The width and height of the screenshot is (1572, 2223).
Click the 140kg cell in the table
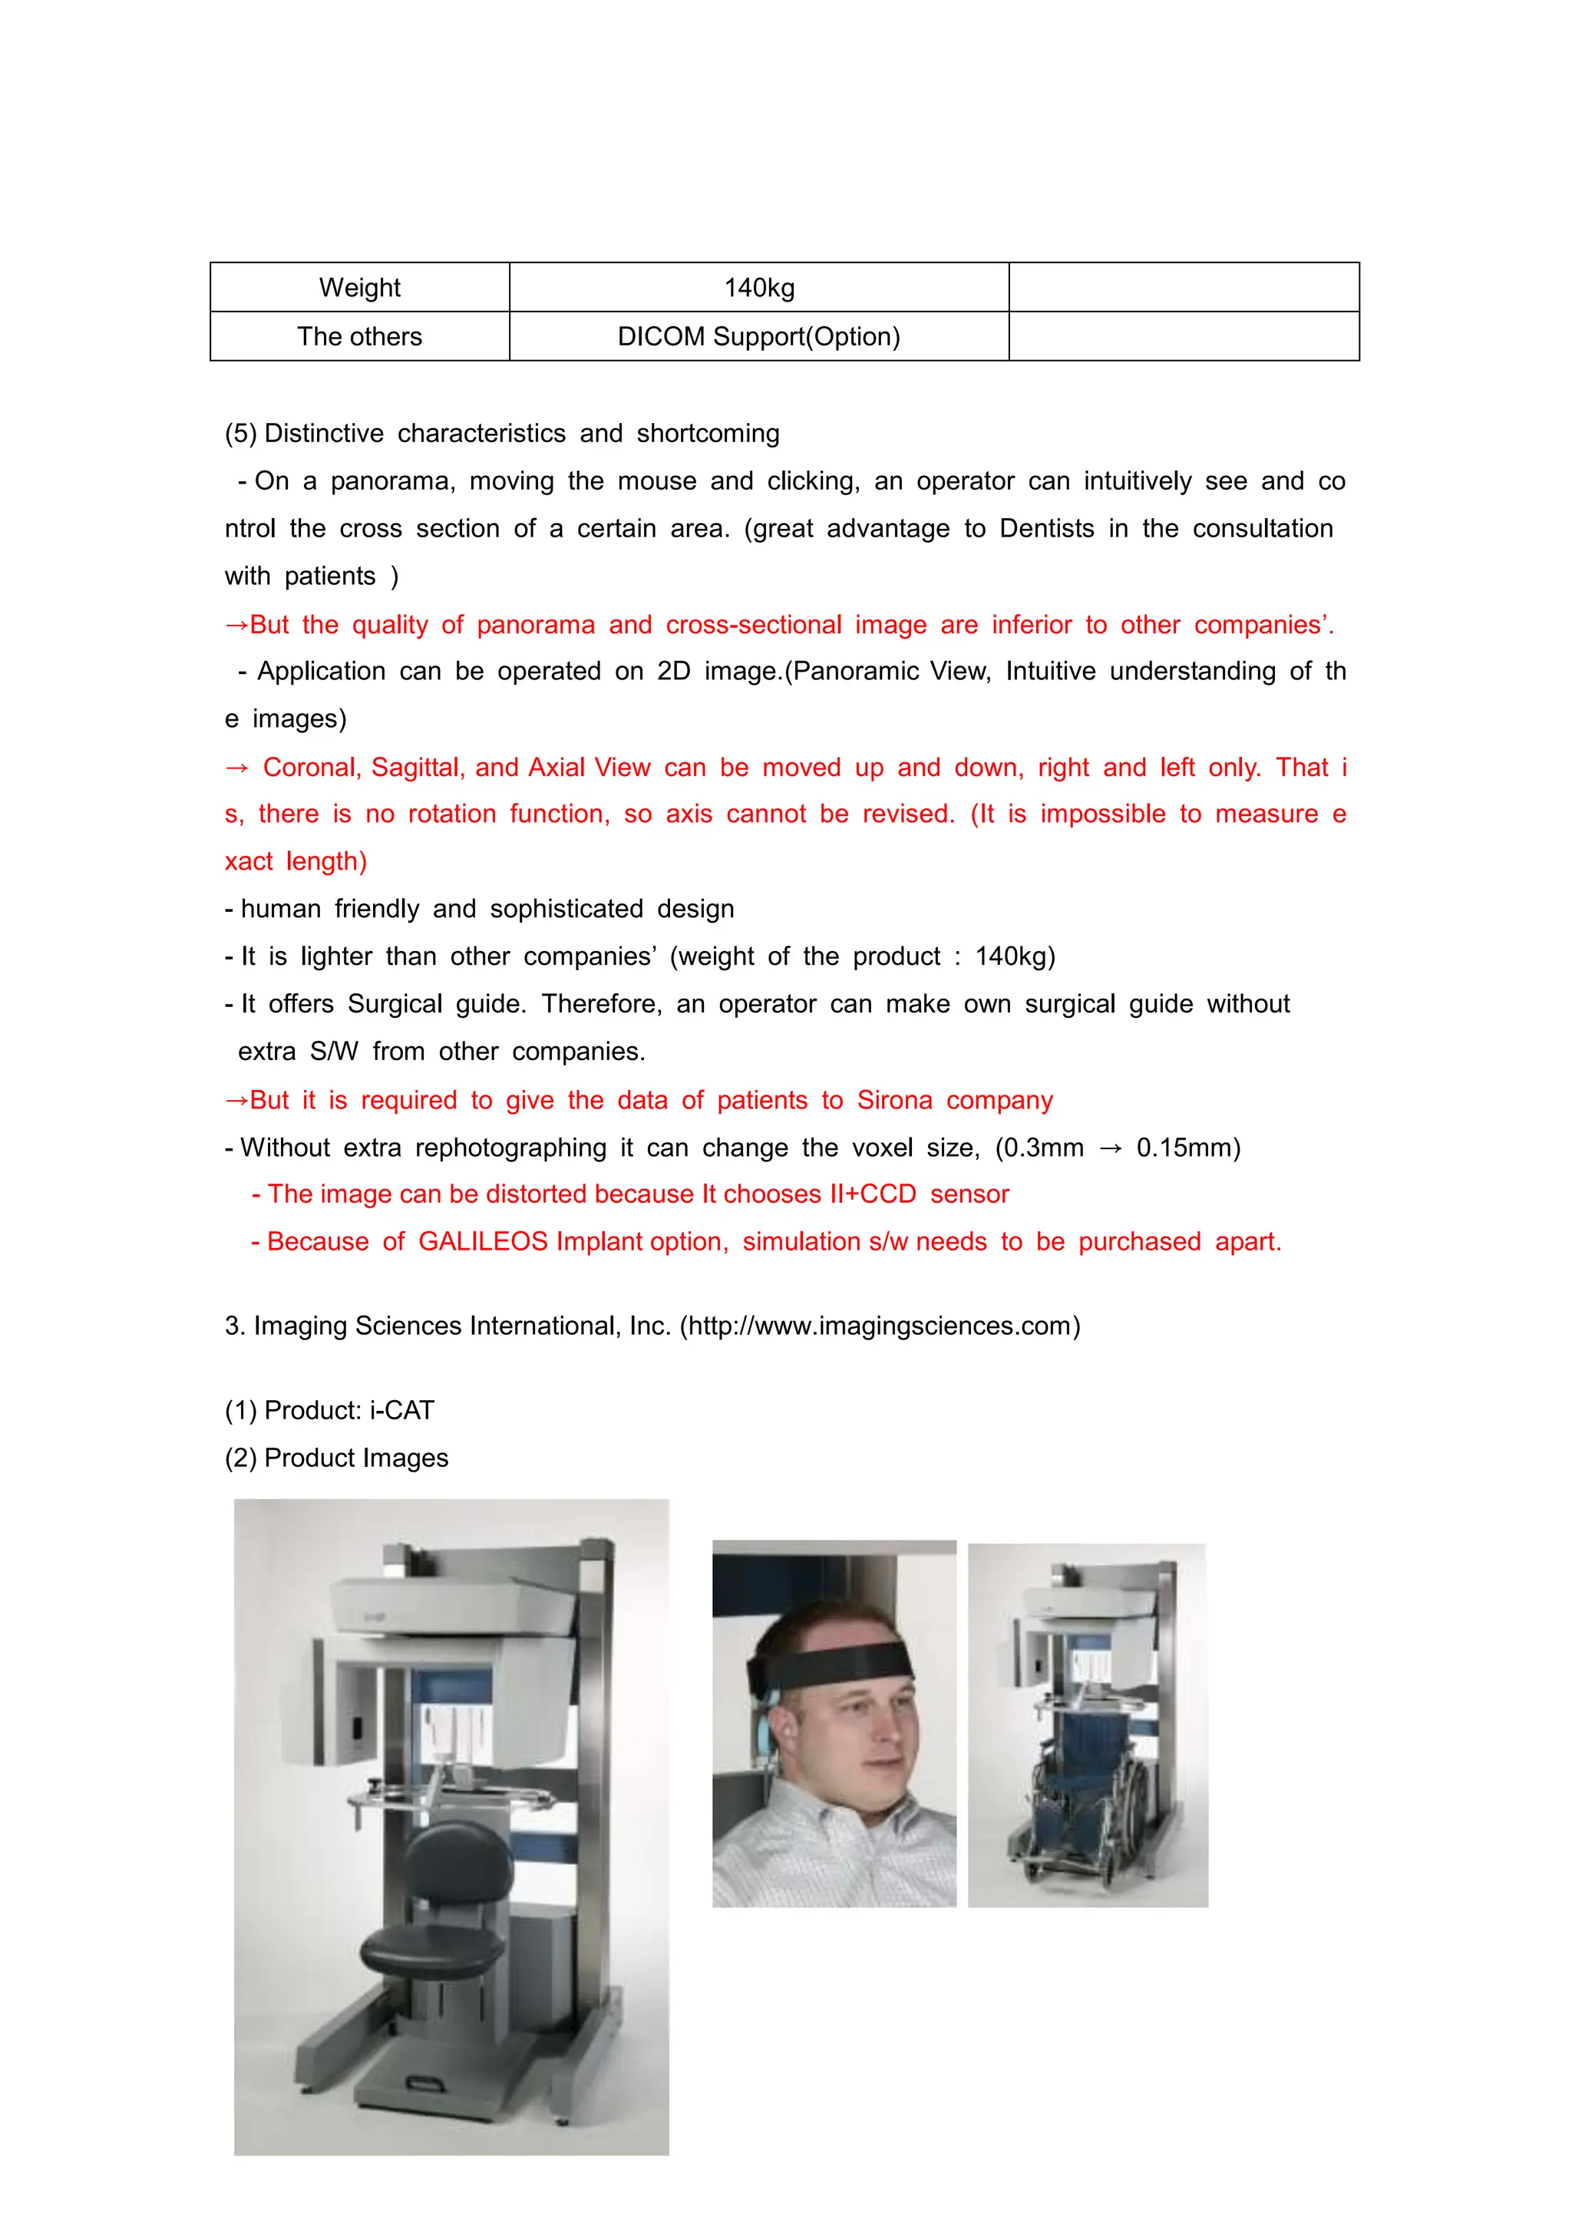coord(759,288)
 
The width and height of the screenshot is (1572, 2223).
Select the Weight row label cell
coord(359,288)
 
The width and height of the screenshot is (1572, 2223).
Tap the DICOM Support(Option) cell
coord(759,337)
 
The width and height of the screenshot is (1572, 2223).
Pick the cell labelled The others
coord(359,337)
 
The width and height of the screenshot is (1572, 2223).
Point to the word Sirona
coord(893,1101)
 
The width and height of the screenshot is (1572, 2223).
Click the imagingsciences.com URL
coord(880,1326)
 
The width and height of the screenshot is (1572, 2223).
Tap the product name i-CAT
coord(401,1411)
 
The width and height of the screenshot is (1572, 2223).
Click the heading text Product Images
coord(355,1458)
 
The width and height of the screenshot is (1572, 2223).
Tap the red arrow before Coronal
coord(237,768)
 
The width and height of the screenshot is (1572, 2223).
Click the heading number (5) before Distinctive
coord(240,434)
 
